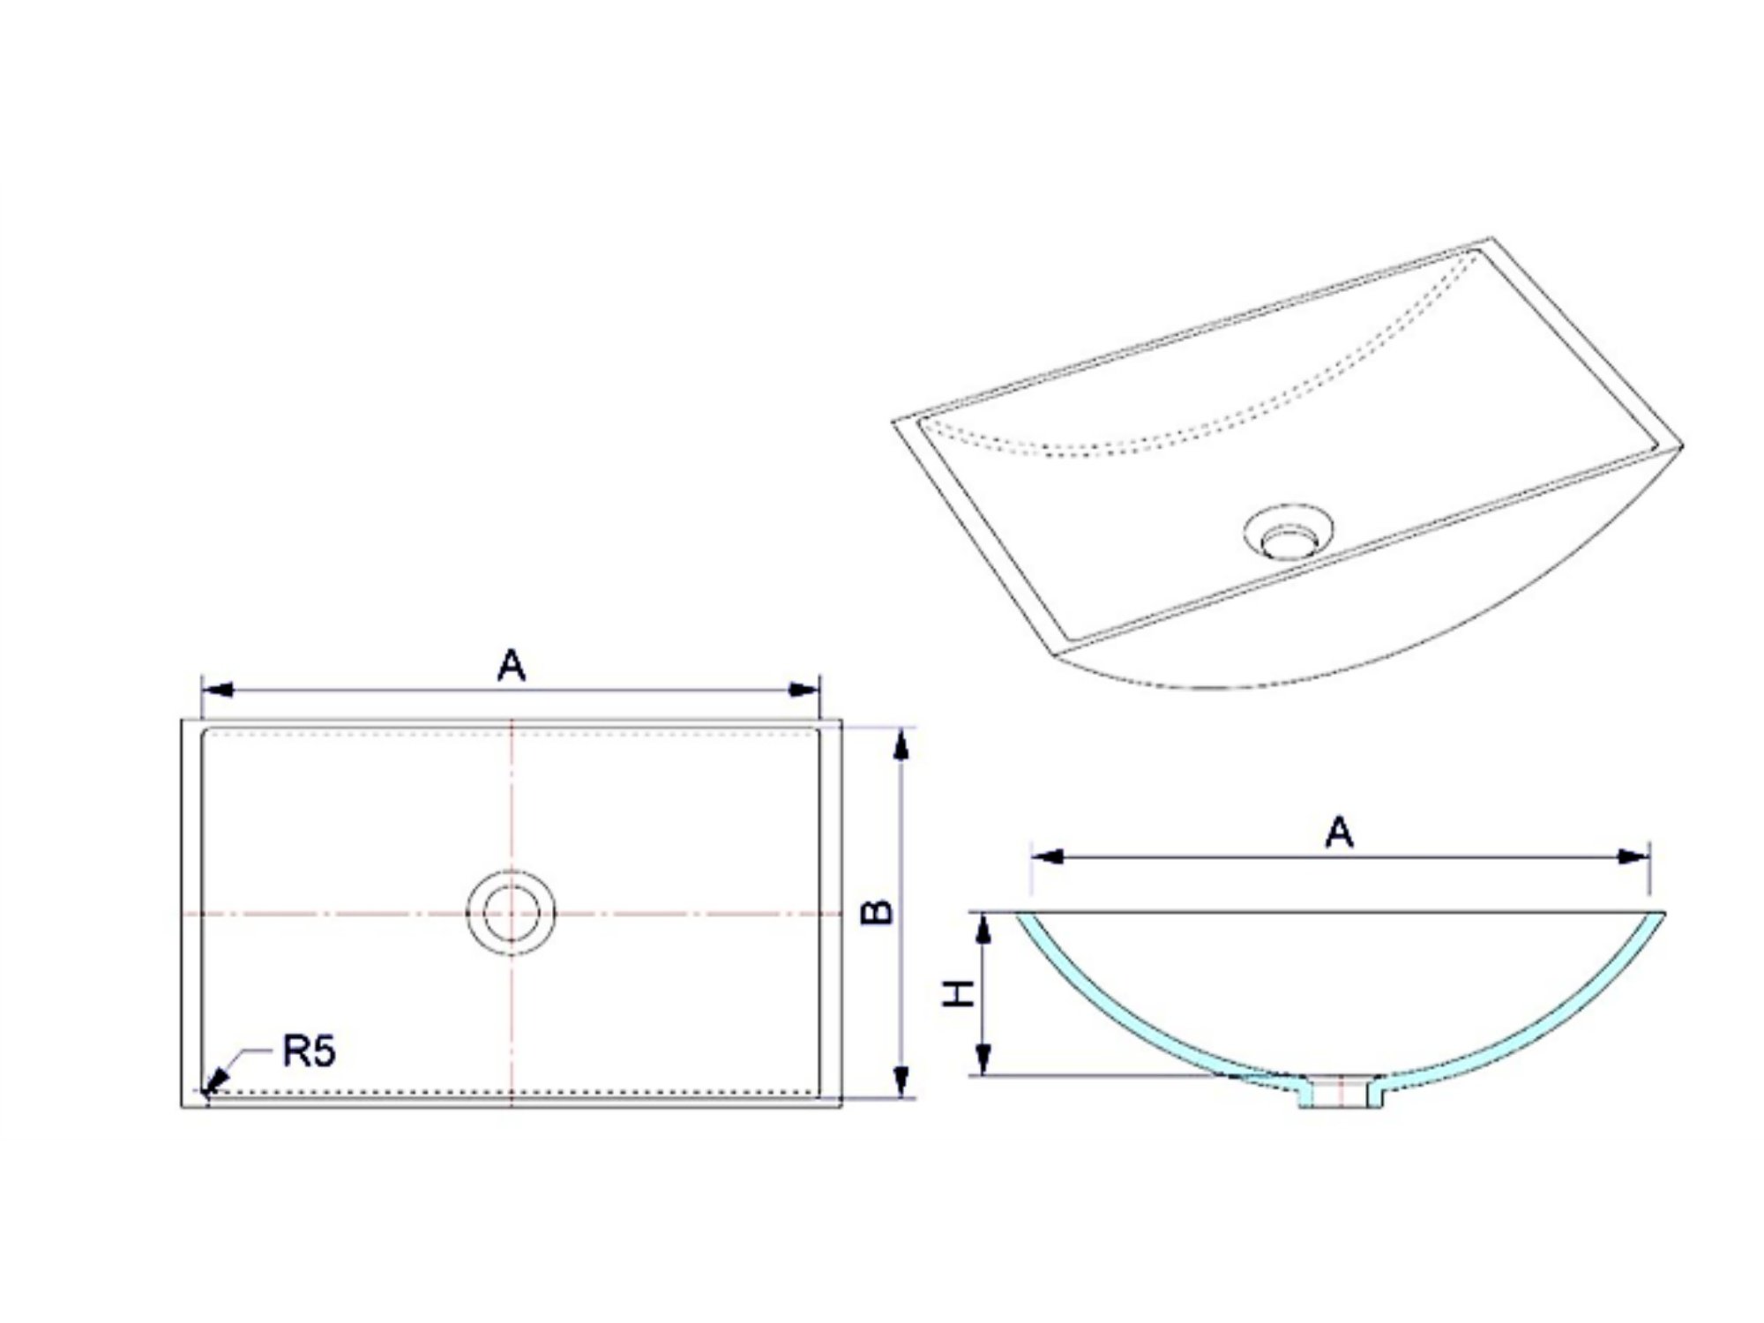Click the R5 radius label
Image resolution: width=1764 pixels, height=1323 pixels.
click(x=309, y=1051)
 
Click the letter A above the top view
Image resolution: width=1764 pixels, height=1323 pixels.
click(x=512, y=665)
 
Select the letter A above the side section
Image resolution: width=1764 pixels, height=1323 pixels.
click(x=1339, y=832)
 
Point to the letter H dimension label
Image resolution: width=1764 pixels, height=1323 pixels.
click(x=959, y=993)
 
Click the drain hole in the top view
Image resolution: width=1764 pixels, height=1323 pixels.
click(x=511, y=913)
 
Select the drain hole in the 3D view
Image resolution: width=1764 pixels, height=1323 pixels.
click(x=1288, y=532)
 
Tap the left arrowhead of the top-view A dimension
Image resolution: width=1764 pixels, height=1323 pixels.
click(x=217, y=689)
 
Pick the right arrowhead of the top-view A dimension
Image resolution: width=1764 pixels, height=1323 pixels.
click(x=804, y=689)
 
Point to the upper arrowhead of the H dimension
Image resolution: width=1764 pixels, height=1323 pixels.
click(x=984, y=929)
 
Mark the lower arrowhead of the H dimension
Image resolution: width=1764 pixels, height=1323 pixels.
click(x=984, y=1059)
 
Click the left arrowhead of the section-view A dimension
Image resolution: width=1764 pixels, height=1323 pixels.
click(x=1047, y=856)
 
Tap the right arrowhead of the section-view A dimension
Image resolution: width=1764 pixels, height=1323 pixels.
click(x=1633, y=856)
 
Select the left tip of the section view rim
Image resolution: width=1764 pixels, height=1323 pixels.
click(x=1016, y=913)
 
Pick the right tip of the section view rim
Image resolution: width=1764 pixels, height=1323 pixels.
click(x=1664, y=913)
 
